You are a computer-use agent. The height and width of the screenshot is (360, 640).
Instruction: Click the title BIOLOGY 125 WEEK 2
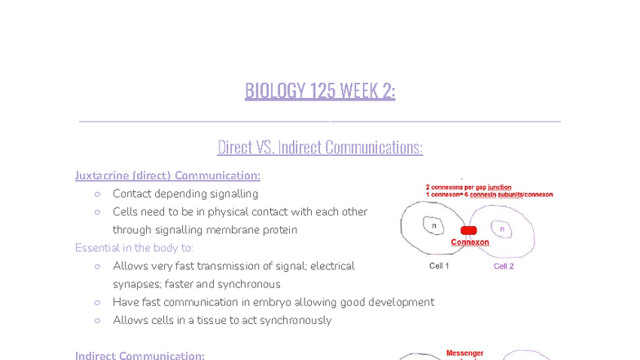[x=320, y=91]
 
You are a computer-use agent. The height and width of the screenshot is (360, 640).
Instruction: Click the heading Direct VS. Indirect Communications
[x=320, y=147]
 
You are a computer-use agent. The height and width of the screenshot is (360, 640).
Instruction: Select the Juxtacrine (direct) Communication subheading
[x=167, y=176]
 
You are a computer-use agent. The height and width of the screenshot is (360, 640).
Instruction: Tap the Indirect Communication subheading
[x=140, y=355]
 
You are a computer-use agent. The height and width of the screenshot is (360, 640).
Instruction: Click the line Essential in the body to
[x=134, y=247]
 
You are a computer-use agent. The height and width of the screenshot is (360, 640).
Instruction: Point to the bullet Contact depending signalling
[x=185, y=193]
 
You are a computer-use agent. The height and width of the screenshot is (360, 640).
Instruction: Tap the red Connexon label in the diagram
[x=470, y=242]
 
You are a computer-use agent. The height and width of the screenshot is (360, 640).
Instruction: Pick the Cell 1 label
[x=439, y=266]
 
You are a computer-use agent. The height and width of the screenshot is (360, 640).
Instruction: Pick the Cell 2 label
[x=504, y=266]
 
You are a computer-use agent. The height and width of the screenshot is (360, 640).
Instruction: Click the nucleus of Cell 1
[x=433, y=224]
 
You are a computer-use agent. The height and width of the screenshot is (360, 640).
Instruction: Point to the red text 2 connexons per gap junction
[x=469, y=187]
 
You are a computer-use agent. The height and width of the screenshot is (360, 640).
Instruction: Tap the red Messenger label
[x=464, y=353]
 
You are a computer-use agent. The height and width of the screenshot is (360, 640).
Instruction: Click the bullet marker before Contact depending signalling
[x=97, y=194]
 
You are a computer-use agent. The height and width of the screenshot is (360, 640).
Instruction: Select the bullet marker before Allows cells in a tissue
[x=97, y=320]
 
